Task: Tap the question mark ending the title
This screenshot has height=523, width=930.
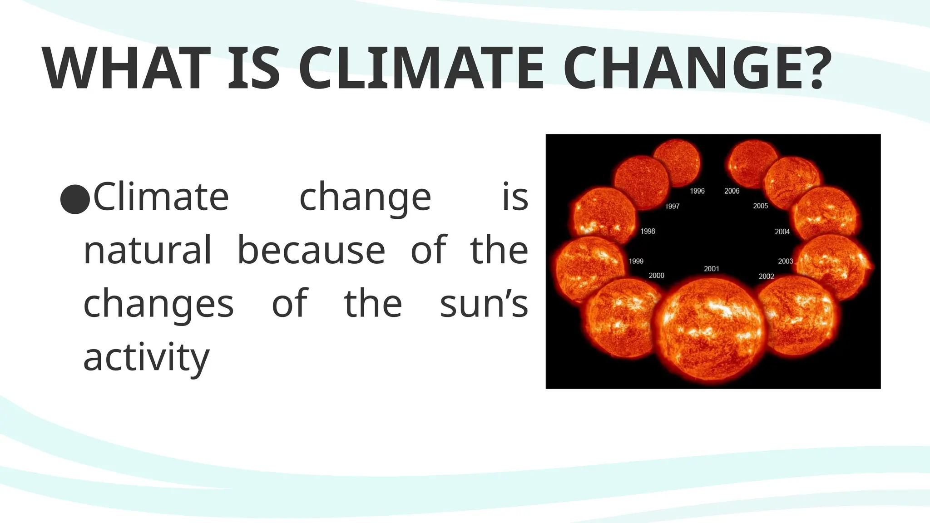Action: click(x=816, y=69)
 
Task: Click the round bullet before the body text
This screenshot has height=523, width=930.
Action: click(x=75, y=199)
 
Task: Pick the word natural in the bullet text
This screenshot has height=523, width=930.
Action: click(x=148, y=250)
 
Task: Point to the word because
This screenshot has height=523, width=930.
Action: click(x=311, y=250)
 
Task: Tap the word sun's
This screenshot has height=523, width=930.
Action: click(x=484, y=303)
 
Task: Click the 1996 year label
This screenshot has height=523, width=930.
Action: click(x=697, y=191)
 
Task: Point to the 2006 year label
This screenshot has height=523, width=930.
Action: click(x=732, y=191)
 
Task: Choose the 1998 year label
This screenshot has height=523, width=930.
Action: click(x=648, y=232)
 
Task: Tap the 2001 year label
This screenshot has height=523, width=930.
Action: click(x=712, y=269)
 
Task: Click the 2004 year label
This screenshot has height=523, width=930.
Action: click(x=782, y=232)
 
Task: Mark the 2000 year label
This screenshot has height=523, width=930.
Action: click(x=656, y=276)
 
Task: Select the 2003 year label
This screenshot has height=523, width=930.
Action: click(x=785, y=261)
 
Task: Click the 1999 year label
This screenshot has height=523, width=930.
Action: click(x=636, y=261)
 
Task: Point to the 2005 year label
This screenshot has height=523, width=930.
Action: click(x=760, y=206)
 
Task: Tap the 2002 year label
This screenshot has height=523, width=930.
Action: click(x=766, y=276)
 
